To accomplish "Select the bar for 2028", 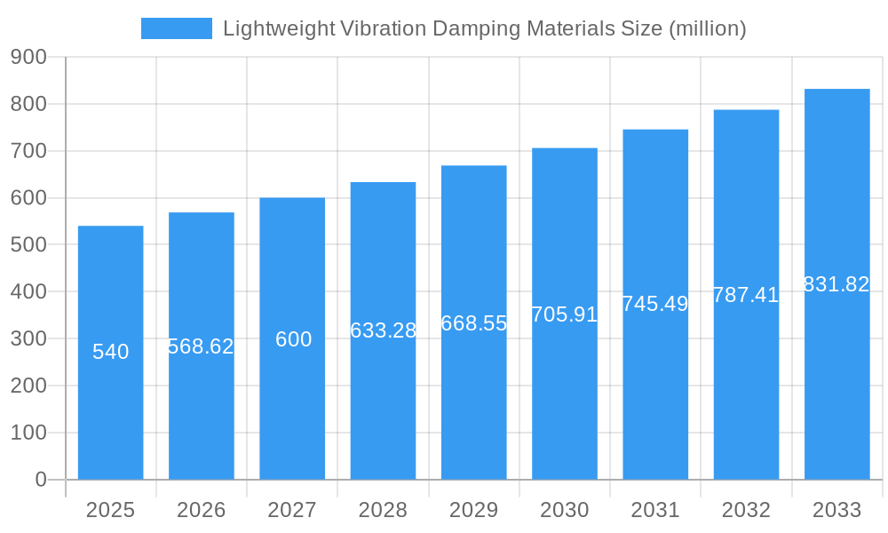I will (383, 400).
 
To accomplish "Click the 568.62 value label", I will (202, 346).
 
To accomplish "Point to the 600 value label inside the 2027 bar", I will (293, 339).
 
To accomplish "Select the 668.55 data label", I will (474, 323).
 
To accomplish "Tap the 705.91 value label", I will (565, 314).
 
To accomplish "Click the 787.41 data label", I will (746, 295).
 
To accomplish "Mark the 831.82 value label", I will (836, 284).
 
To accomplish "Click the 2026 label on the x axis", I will (202, 510).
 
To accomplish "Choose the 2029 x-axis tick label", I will (474, 510).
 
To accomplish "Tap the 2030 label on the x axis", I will (565, 510).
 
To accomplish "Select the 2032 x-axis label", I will (746, 510).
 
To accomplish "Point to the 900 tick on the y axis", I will (28, 57).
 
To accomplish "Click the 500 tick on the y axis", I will (28, 244).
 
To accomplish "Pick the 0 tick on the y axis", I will (41, 480).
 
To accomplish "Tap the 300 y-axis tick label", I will (28, 338).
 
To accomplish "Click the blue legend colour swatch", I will (177, 28).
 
